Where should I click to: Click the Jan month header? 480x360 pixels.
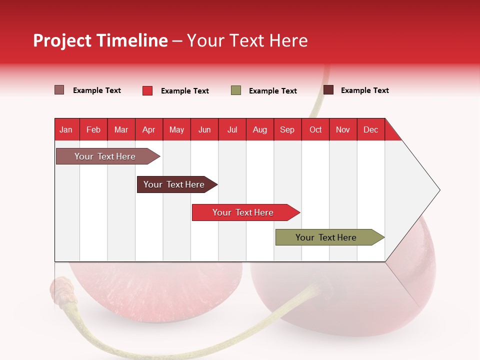tap(66, 129)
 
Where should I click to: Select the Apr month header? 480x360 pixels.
tap(148, 129)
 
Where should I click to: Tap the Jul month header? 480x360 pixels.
tap(232, 129)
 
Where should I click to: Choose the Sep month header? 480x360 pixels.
tap(287, 129)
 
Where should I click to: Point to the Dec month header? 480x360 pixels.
tap(370, 129)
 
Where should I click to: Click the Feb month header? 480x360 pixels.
tap(93, 129)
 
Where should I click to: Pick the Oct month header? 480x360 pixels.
tap(315, 129)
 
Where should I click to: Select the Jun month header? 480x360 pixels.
tap(204, 129)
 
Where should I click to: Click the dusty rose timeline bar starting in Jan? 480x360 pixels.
tap(105, 156)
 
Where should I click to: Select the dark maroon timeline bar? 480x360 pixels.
tap(174, 184)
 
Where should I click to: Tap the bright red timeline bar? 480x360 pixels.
tap(243, 212)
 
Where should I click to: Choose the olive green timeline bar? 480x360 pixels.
tap(326, 237)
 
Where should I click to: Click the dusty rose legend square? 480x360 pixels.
tap(59, 90)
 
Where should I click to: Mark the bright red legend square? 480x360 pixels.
tap(147, 90)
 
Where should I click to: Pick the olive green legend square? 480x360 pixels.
tap(236, 90)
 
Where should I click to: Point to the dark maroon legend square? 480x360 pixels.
tap(328, 90)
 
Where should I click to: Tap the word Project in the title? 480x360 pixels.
tap(62, 40)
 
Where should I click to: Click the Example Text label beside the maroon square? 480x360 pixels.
tap(364, 90)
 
